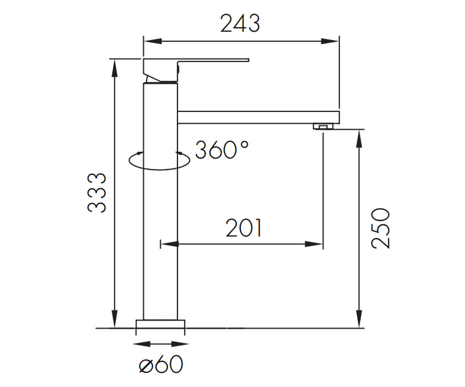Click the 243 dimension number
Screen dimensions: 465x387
(x=240, y=23)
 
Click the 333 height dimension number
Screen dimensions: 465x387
(x=96, y=193)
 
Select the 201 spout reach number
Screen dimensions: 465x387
(x=243, y=228)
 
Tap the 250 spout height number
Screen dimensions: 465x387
(x=381, y=228)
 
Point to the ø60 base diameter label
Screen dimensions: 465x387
(x=161, y=364)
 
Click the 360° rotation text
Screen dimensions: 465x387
(x=222, y=150)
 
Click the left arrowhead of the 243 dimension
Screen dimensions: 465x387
(x=153, y=41)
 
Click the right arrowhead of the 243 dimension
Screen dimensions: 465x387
(x=330, y=41)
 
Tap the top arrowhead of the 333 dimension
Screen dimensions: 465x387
(x=114, y=69)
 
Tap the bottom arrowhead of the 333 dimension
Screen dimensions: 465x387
(x=114, y=319)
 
